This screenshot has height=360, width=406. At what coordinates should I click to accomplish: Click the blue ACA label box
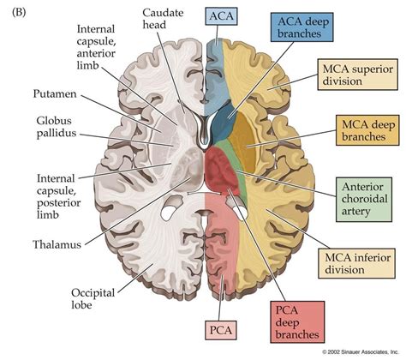point(217,17)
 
